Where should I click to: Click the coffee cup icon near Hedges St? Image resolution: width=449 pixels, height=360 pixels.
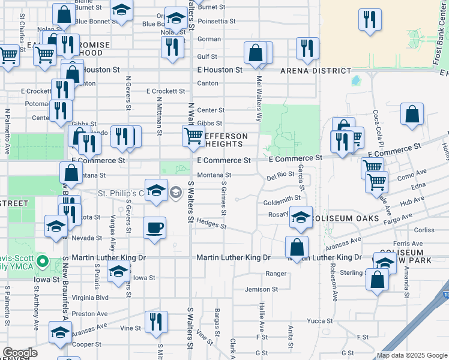click(x=155, y=228)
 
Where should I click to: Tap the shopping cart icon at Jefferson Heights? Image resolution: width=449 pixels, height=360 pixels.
click(x=193, y=136)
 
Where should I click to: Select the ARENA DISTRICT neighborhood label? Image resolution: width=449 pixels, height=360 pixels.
click(x=316, y=71)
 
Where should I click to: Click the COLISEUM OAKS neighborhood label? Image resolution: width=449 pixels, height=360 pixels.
click(x=347, y=218)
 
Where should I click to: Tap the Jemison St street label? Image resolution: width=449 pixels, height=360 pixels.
click(x=261, y=289)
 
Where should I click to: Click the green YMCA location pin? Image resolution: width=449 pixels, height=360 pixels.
click(x=42, y=262)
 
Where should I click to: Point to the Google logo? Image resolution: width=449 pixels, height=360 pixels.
click(x=20, y=353)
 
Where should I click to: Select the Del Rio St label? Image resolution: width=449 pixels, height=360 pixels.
click(x=279, y=178)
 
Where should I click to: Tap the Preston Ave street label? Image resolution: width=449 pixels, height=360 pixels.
click(x=89, y=313)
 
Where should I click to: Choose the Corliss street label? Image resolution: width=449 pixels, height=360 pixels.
click(x=423, y=230)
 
